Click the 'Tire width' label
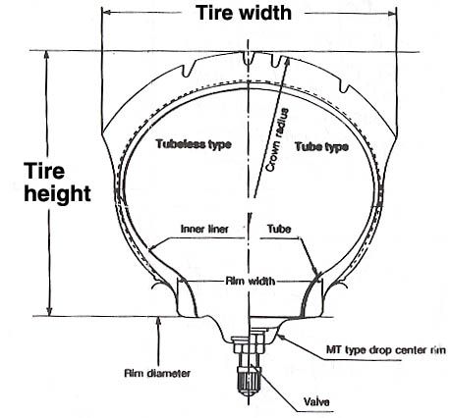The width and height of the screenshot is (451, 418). pos(244,13)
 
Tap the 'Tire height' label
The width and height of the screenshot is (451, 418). pos(57,183)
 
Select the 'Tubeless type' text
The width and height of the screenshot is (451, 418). pos(194,144)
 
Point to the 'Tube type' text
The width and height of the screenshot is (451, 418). pos(321,146)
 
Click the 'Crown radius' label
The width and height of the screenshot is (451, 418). pos(278,139)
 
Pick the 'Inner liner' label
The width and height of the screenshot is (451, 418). pos(204,229)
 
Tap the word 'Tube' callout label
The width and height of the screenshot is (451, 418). pos(279,229)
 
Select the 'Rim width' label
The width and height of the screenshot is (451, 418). pos(251,281)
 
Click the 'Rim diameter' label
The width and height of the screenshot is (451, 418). pos(157,373)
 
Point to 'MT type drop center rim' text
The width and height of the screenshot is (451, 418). pos(386,350)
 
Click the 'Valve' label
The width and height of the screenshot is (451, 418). pos(316,401)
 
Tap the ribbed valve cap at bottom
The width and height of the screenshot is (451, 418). pos(249,379)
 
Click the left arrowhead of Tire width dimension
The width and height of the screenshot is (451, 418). pos(107,13)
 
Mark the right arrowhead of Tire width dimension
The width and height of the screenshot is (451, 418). pos(391,13)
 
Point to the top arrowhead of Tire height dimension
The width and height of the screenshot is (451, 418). pos(47,56)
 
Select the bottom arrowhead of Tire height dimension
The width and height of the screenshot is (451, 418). pos(49,311)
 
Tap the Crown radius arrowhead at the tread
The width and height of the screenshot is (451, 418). pos(287,62)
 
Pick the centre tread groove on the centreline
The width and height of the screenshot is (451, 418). pos(249,58)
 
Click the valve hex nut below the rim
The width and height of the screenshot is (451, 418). pos(249,345)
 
